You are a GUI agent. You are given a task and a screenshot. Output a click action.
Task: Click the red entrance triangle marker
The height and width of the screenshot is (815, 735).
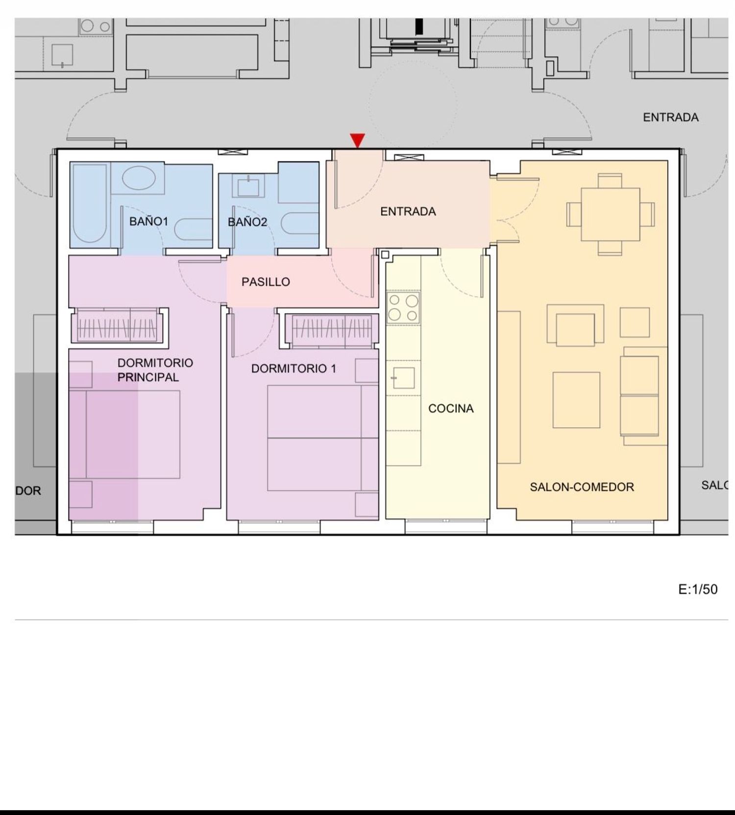coord(358,140)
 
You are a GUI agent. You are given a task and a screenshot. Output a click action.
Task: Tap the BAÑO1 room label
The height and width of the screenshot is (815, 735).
coord(148,222)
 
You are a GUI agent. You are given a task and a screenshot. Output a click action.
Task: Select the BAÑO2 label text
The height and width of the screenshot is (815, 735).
coord(247,222)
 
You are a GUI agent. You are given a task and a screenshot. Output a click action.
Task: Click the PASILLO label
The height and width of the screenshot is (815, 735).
coord(266,282)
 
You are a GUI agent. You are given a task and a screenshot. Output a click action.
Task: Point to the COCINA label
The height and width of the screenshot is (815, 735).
coord(451,409)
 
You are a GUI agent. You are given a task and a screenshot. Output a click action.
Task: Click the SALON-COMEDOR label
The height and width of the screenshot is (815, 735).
coord(582,487)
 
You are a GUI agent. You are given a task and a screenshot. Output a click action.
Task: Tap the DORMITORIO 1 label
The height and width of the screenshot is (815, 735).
coord(294,369)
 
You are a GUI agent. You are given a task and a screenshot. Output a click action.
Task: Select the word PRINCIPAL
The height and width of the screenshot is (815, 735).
coord(148,377)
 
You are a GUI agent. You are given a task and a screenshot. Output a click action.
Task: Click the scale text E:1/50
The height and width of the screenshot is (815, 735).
coord(698,589)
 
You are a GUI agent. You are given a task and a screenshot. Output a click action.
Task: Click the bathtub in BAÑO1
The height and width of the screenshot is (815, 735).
coord(90,203)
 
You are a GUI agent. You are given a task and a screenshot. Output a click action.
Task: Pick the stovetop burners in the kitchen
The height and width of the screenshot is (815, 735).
coord(403,307)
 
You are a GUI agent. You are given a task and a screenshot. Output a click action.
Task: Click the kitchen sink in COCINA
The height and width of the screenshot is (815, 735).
coord(404,378)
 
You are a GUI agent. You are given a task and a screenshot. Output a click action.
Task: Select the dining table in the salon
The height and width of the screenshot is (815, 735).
coord(610,214)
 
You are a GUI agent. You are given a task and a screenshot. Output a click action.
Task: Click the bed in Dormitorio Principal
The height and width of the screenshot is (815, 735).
coord(133,434)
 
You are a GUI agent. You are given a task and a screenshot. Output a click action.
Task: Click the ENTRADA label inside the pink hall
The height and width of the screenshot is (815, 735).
coord(408,212)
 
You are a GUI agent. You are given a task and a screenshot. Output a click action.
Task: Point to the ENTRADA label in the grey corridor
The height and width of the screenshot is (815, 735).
coord(671,118)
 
